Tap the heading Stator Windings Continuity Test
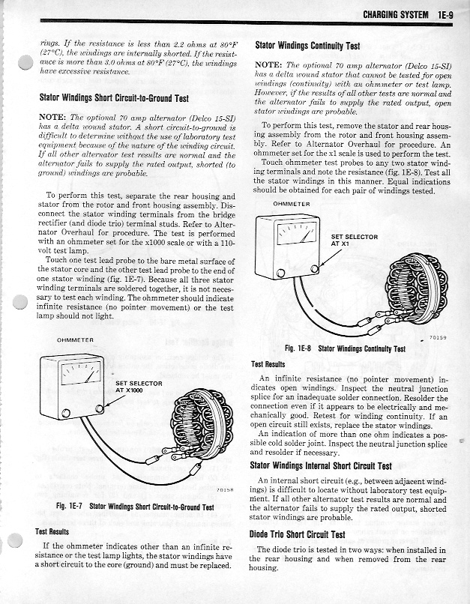307,45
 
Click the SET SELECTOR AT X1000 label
139,387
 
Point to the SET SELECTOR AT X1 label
355,241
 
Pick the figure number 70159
438,338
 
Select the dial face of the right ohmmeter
295,237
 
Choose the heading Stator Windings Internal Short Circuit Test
322,465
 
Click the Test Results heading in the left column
52,531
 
